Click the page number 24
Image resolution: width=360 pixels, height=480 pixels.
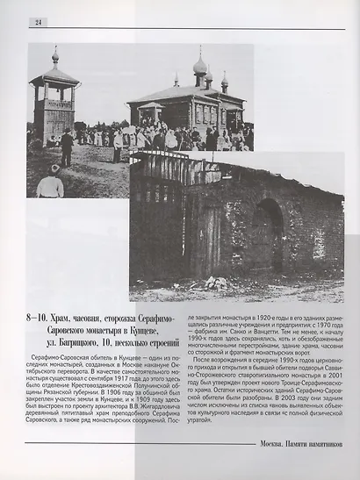pyautogui.click(x=40, y=21)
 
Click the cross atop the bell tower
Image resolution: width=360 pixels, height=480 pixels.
pyautogui.click(x=55, y=50)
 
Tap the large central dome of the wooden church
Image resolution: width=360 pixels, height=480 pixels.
pyautogui.click(x=200, y=66)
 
